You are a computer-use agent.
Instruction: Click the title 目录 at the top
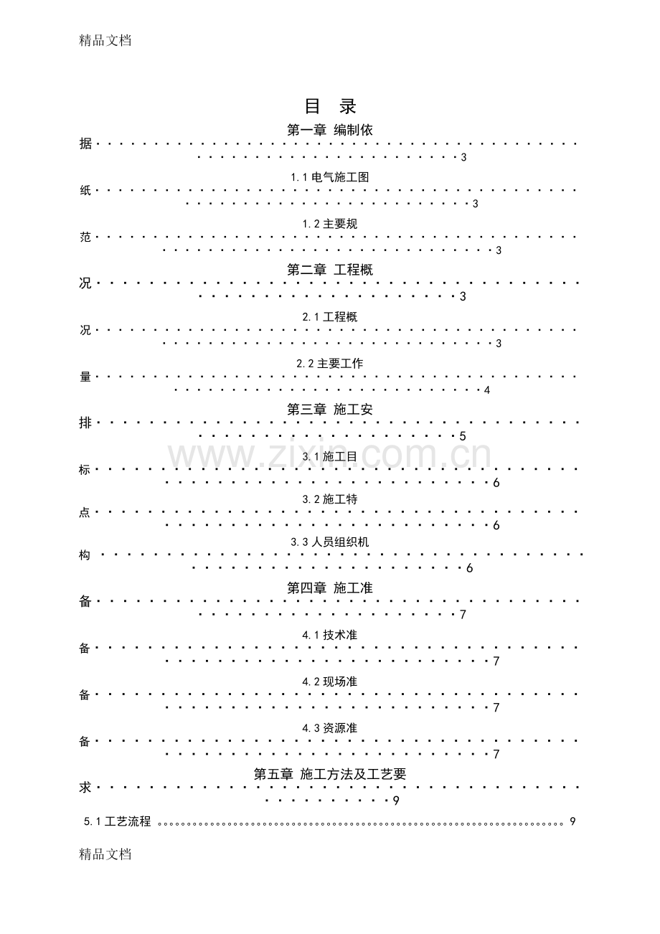coord(330,106)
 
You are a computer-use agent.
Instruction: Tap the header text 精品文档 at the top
coord(105,40)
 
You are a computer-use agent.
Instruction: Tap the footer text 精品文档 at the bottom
coord(105,854)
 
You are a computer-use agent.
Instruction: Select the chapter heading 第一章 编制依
coord(330,130)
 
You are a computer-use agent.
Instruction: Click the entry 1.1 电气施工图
coord(330,177)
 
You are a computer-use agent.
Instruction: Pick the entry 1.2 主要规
coord(330,224)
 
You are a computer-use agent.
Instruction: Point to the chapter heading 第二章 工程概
coord(330,270)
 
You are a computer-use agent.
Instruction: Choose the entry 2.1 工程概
coord(330,317)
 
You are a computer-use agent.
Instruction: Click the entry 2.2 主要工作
coord(330,364)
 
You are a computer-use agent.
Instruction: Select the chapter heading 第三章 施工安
coord(330,410)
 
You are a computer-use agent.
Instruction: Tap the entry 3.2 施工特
coord(330,499)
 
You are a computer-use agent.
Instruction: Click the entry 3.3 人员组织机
coord(330,542)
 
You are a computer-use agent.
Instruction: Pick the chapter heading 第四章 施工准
coord(330,588)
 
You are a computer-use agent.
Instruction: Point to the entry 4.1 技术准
coord(330,635)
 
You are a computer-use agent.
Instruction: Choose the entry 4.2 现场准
coord(330,681)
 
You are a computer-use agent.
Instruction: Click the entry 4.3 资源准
coord(330,728)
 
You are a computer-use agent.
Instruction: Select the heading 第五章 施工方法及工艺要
coord(330,774)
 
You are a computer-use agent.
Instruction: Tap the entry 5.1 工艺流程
coord(117,821)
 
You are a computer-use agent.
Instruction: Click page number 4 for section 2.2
coord(487,390)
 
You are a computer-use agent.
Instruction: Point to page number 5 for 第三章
coord(463,436)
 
